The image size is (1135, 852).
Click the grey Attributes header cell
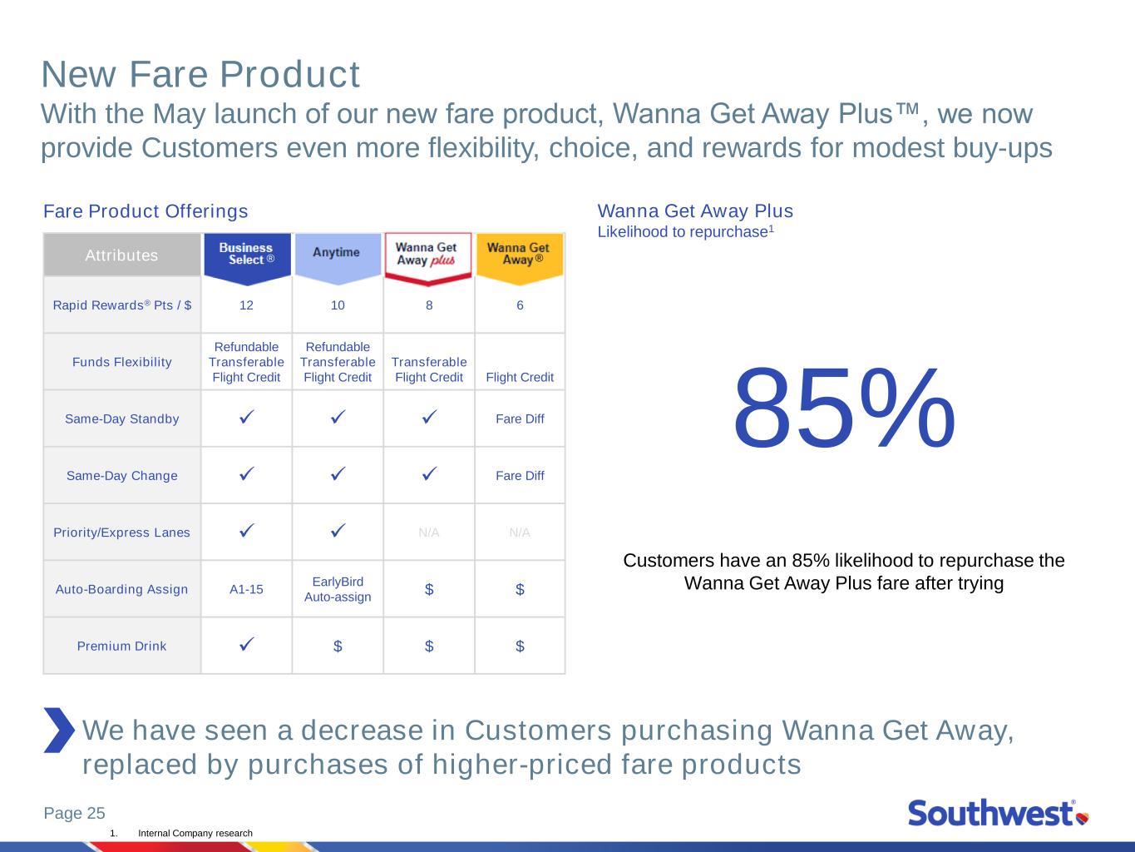(x=122, y=255)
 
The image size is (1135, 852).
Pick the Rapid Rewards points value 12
(x=246, y=305)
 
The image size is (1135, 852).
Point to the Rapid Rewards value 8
(x=429, y=305)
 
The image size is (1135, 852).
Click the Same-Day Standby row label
(x=122, y=419)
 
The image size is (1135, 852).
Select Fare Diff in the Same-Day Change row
(x=520, y=475)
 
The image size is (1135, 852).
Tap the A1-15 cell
(x=246, y=589)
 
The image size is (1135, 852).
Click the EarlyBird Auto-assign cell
(x=338, y=589)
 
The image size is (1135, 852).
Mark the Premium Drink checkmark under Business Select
(x=247, y=644)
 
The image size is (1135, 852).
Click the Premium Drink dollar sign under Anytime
(x=338, y=646)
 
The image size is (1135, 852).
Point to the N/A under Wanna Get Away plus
(x=429, y=532)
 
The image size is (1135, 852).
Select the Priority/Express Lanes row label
(x=122, y=532)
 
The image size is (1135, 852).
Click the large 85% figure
(x=844, y=409)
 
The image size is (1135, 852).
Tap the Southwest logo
(x=999, y=813)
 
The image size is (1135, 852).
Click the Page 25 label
(x=75, y=813)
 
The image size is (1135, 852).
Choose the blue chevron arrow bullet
(x=60, y=730)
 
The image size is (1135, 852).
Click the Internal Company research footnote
(x=195, y=834)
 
